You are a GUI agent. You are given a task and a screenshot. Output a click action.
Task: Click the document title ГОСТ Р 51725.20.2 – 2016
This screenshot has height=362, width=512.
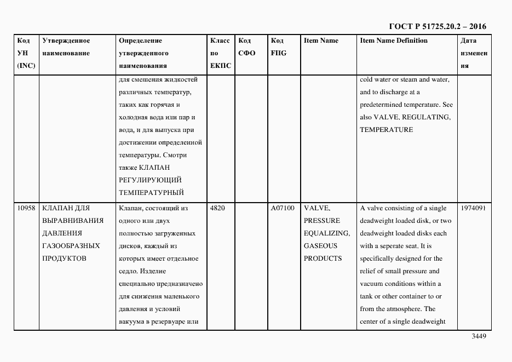tap(437, 26)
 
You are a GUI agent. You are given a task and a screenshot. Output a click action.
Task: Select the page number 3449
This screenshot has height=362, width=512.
tap(479, 337)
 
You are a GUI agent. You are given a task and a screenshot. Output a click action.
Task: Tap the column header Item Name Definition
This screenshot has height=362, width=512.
tap(394, 41)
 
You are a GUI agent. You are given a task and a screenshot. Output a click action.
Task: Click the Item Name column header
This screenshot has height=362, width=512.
tap(321, 41)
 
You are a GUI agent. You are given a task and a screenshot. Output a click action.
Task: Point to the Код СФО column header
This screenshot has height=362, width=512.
tap(247, 47)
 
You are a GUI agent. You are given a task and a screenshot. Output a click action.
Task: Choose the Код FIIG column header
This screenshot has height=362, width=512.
tap(278, 47)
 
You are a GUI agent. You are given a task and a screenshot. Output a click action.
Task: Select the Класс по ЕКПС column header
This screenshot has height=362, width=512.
tap(220, 53)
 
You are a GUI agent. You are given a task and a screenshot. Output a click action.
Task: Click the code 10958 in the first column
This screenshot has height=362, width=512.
tap(26, 208)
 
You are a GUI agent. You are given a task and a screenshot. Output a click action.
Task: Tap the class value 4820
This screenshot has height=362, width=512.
tap(218, 208)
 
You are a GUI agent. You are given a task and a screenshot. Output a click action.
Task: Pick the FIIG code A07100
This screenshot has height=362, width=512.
tap(283, 208)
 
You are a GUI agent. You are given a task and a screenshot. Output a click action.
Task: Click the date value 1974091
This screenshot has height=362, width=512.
tap(473, 208)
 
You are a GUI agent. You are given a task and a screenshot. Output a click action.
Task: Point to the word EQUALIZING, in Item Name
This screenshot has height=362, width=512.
tap(321, 233)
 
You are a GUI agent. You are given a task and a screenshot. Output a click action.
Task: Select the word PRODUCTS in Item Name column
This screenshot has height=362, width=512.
tap(323, 258)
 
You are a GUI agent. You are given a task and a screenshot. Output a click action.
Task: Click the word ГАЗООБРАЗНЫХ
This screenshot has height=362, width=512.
tap(71, 246)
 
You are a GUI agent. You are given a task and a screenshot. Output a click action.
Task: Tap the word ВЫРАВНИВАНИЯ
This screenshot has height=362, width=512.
tap(73, 221)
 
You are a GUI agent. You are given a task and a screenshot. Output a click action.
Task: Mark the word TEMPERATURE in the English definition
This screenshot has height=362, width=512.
tap(386, 130)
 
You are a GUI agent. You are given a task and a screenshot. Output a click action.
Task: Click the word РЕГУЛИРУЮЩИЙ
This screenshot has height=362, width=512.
tap(150, 180)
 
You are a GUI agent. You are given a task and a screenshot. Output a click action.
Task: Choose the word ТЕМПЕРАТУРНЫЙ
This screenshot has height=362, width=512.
tap(151, 192)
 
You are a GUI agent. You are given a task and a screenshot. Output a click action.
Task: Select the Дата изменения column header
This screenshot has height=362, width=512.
tap(473, 53)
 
